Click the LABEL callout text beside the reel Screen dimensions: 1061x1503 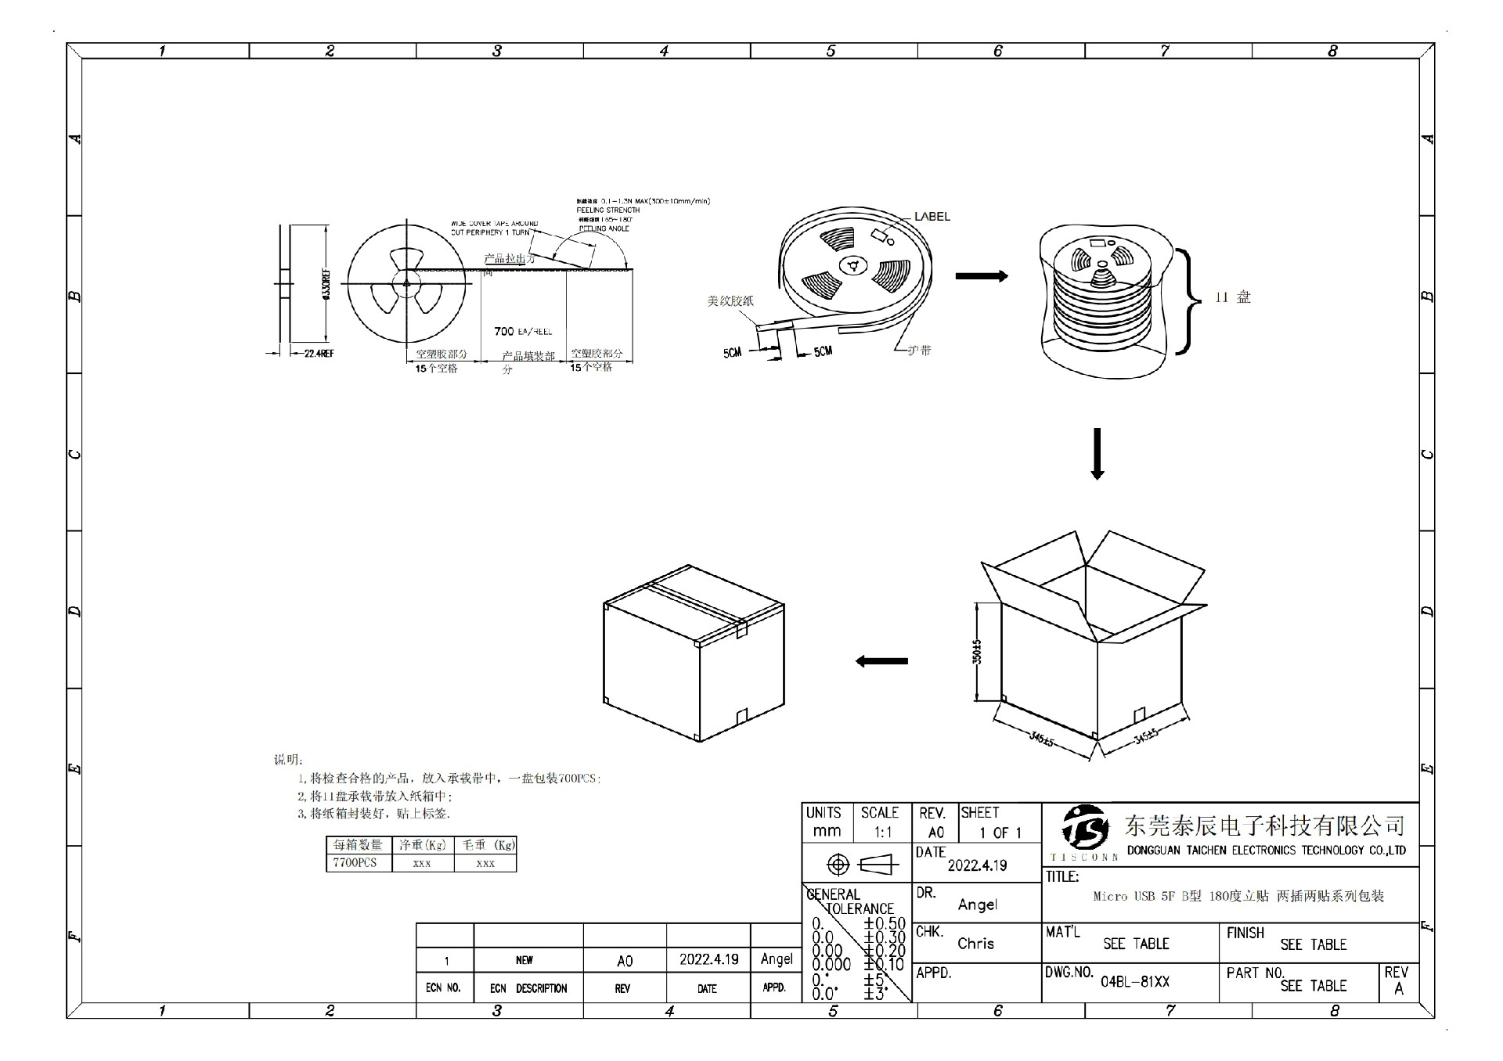tap(932, 217)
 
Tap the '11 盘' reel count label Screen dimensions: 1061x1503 tap(1232, 297)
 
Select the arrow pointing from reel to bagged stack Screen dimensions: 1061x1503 tap(982, 276)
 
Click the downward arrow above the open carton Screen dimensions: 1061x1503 tap(1098, 454)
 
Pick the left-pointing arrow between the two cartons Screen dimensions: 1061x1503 tap(881, 661)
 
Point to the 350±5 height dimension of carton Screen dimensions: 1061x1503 tap(977, 653)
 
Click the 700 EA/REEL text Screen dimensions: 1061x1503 tap(523, 332)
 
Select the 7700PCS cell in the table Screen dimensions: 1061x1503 tap(355, 863)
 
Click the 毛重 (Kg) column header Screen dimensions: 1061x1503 tap(485, 845)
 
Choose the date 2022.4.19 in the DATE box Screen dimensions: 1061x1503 tap(977, 865)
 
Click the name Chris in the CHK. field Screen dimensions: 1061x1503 tap(975, 944)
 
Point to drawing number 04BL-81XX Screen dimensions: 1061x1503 tap(1134, 982)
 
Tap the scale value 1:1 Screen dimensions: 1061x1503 tap(883, 833)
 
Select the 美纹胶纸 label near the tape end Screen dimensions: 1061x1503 tap(730, 300)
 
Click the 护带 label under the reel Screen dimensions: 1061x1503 tap(920, 351)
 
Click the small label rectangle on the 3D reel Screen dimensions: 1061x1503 tap(884, 234)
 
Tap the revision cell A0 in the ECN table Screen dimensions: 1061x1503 tap(625, 961)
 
